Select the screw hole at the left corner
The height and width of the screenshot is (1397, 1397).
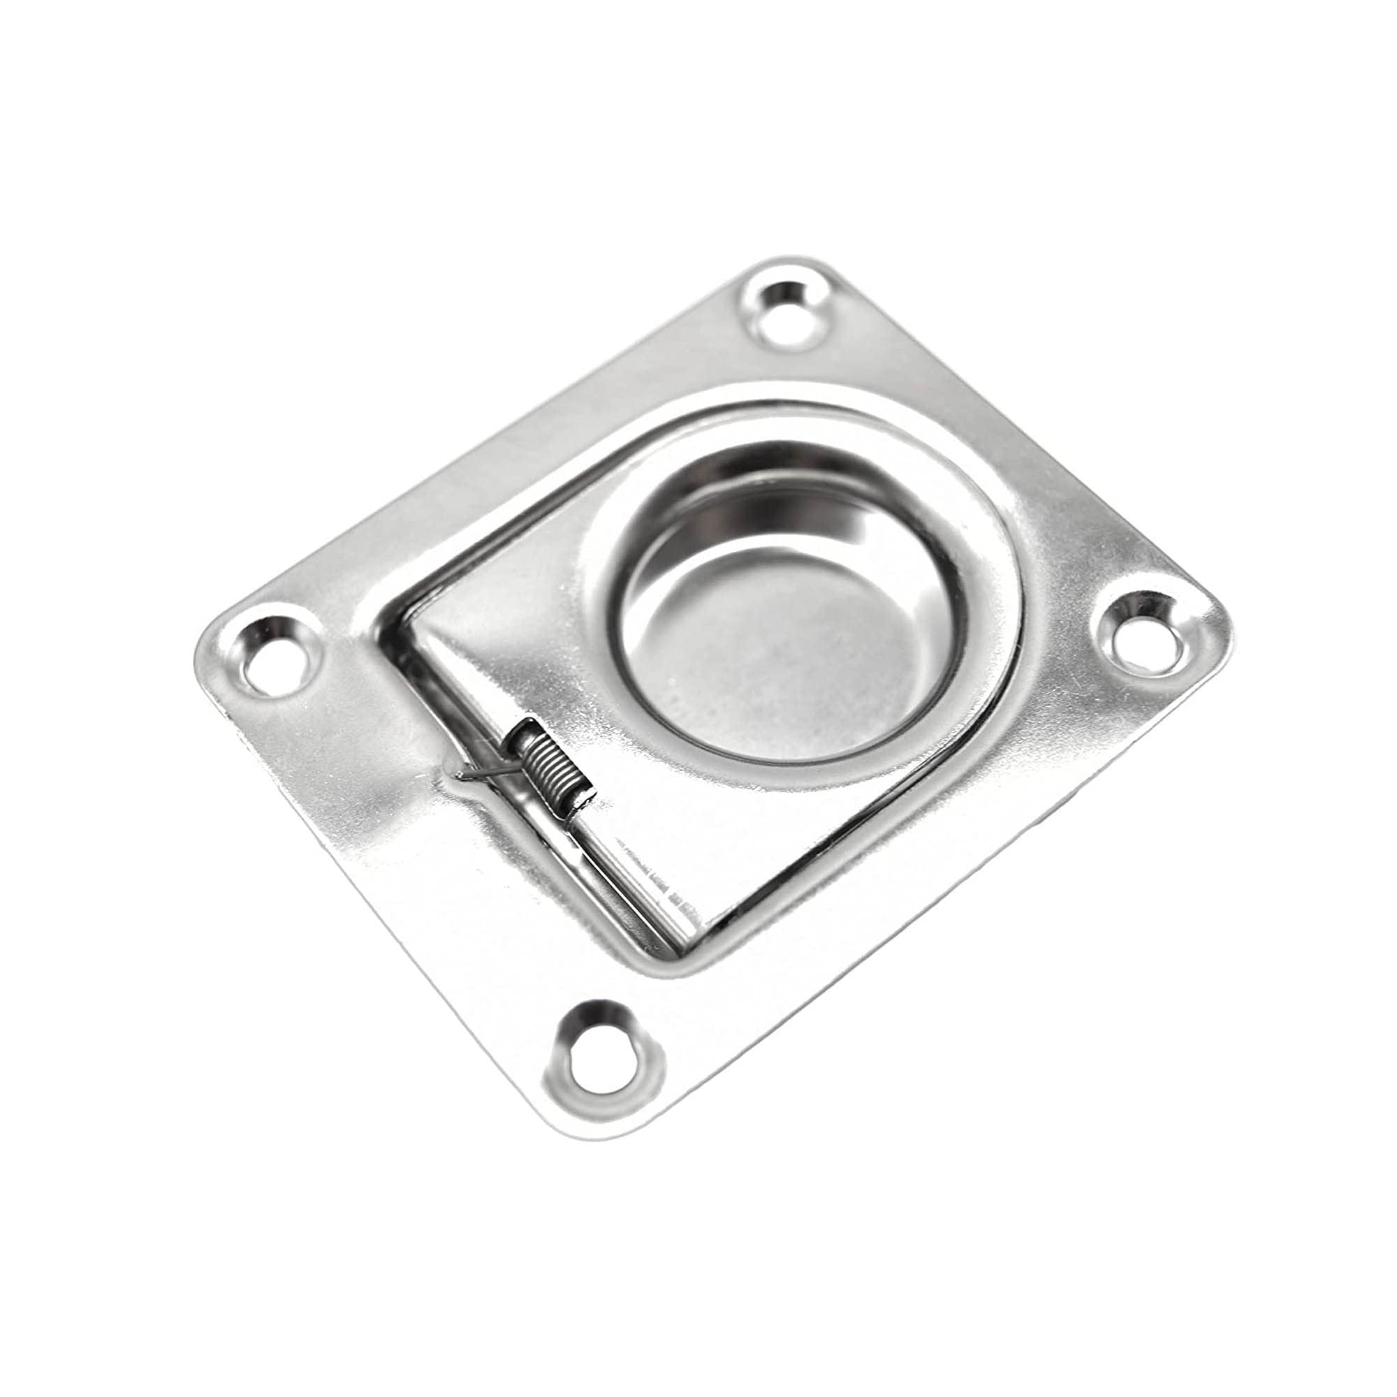coord(271,657)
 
